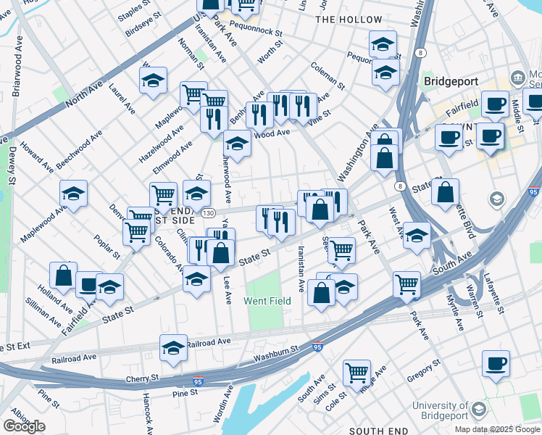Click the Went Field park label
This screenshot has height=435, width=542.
[267, 301]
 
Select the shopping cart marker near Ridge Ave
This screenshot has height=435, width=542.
[357, 373]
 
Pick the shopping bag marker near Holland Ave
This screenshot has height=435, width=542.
[64, 276]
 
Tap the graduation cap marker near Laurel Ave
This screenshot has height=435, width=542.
[153, 81]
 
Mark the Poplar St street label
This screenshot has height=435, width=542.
[107, 246]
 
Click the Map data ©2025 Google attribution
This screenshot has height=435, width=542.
[497, 429]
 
